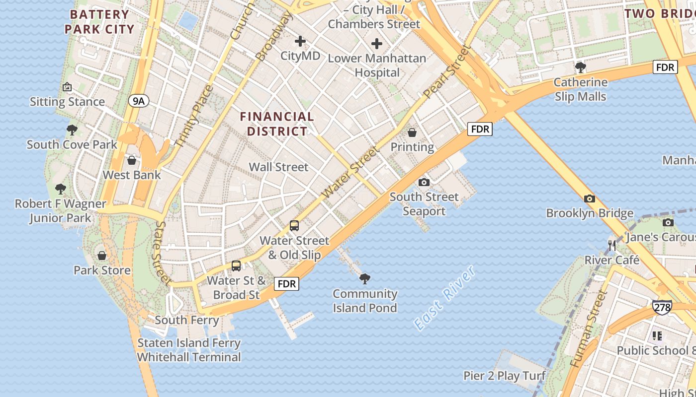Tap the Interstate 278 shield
pos(662,307)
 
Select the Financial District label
pos(277,124)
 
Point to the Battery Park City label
pos(100,22)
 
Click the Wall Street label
pos(278,167)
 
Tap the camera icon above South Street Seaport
pos(424,182)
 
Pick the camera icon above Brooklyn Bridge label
pos(590,198)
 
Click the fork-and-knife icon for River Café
pos(612,245)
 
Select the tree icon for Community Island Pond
pos(365,278)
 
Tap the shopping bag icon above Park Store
pos(102,256)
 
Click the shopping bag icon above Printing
pos(412,132)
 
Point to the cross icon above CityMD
pos(300,41)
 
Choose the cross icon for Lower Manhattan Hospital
pos(377,44)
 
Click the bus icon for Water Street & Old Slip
pos(294,226)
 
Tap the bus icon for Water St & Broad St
pos(236,265)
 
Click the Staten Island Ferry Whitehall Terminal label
pos(189,350)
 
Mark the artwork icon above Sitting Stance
pos(67,87)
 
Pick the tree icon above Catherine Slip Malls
pos(580,67)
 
